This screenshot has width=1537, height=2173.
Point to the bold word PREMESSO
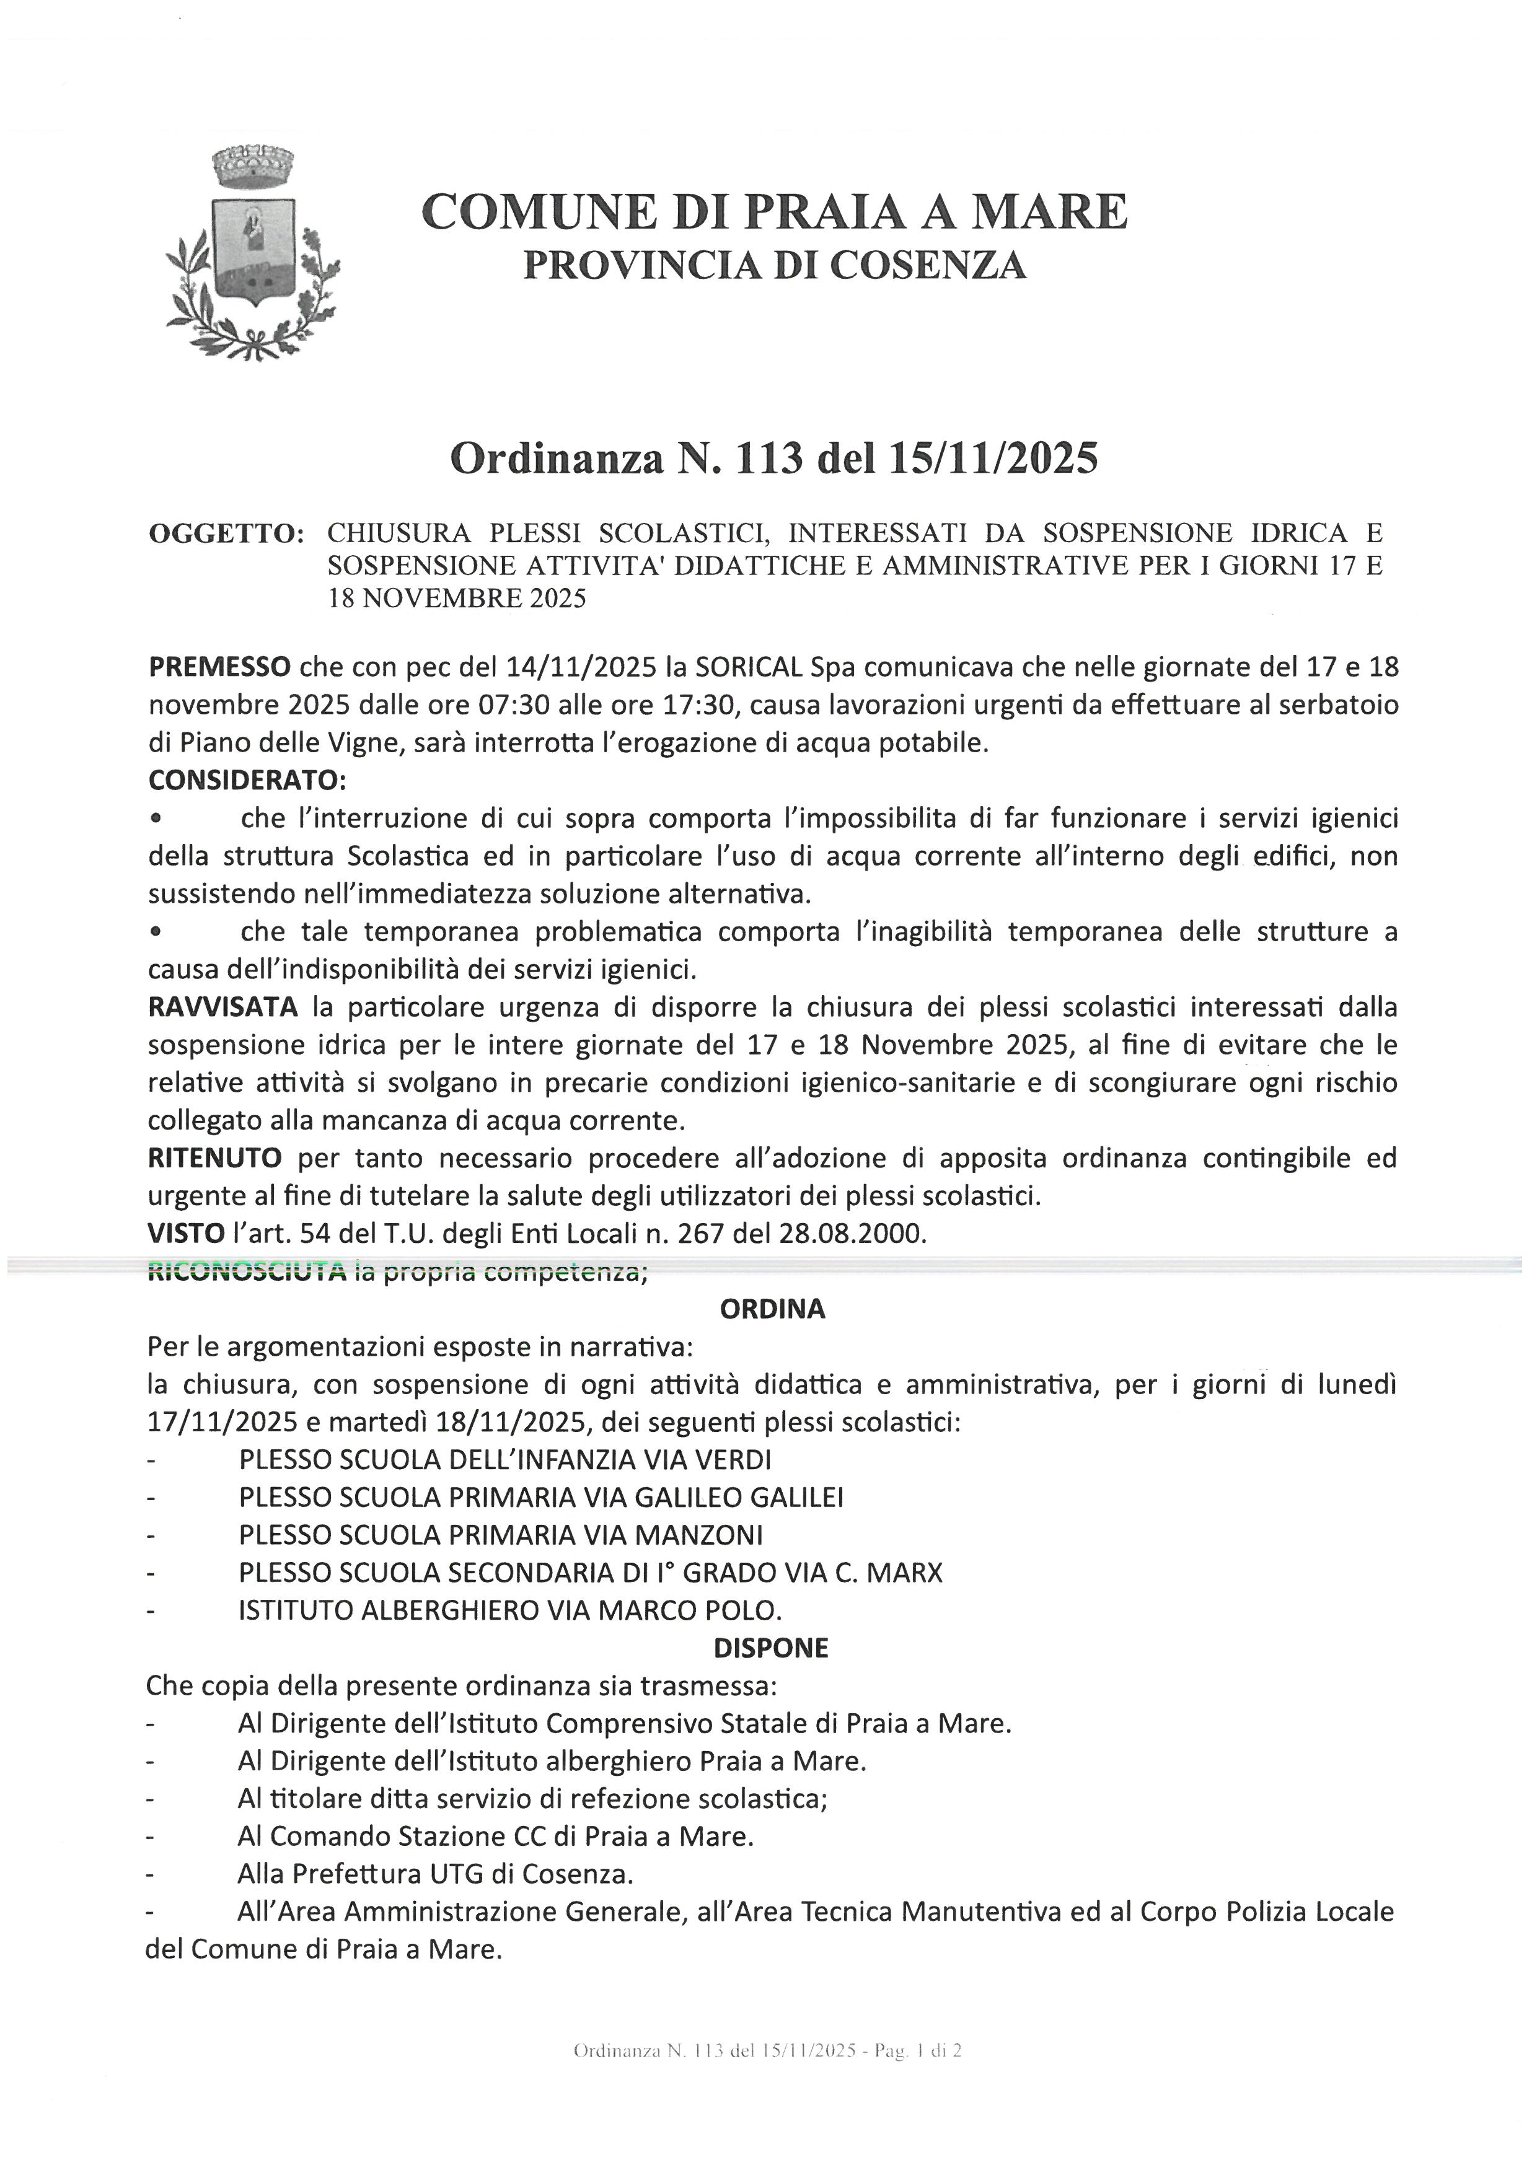pyautogui.click(x=219, y=667)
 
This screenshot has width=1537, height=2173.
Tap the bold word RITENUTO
pyautogui.click(x=215, y=1159)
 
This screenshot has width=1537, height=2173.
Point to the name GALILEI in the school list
pyautogui.click(x=797, y=1497)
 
